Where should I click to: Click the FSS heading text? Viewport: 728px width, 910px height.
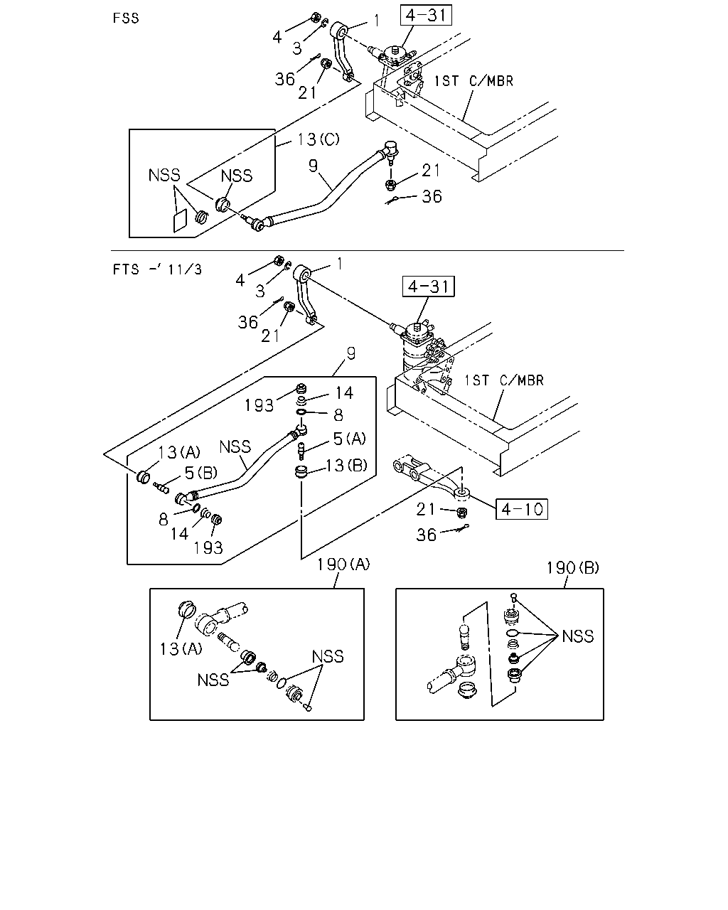(x=126, y=18)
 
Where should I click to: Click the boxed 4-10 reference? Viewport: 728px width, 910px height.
(x=522, y=509)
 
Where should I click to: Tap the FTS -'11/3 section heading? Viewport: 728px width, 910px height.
(x=157, y=269)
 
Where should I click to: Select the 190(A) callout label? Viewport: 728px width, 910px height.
(x=343, y=564)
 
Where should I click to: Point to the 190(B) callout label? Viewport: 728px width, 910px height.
(x=573, y=567)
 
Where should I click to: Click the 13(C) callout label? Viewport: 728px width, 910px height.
(x=318, y=139)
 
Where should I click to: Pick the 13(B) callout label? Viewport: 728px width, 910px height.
(x=346, y=465)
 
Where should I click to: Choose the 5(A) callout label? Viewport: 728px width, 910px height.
(x=349, y=439)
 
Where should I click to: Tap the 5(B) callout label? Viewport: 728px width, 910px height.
(x=201, y=473)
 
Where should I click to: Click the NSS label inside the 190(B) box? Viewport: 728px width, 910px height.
(x=578, y=636)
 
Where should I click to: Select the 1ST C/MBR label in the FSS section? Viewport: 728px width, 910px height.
(x=474, y=81)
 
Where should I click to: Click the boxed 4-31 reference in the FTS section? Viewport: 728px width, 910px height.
(x=428, y=287)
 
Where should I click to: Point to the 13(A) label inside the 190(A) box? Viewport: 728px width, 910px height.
(x=181, y=648)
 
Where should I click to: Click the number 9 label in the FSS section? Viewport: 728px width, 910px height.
(x=313, y=166)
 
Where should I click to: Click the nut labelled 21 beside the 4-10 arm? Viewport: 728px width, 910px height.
(x=462, y=513)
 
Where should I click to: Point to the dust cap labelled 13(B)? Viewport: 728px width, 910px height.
(x=301, y=472)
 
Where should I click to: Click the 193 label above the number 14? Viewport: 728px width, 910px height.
(x=259, y=405)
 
